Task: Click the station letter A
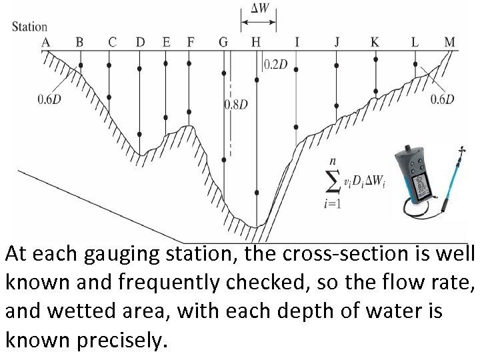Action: [46, 42]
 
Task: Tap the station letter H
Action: [256, 42]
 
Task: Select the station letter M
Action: [450, 42]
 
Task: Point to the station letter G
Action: [223, 42]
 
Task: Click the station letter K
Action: [375, 42]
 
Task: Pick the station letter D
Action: [140, 42]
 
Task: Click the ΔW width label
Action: [259, 9]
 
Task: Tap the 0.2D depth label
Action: [276, 65]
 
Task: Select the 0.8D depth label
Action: [236, 105]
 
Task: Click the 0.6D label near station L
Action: [443, 99]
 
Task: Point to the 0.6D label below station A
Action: [50, 99]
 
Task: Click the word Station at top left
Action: [30, 27]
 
